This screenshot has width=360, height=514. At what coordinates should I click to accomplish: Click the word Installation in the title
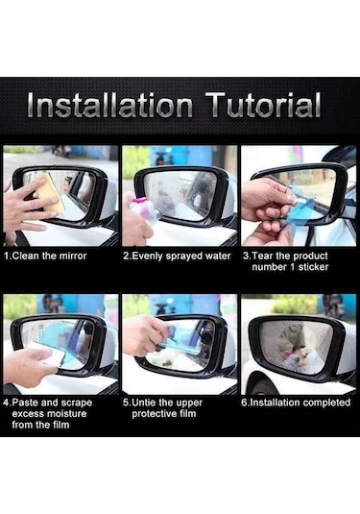[109, 105]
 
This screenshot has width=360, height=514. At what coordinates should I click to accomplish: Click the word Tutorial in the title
[263, 105]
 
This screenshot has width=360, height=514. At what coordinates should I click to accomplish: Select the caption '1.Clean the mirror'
[45, 256]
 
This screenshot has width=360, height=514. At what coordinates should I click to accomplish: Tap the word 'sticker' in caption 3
[313, 267]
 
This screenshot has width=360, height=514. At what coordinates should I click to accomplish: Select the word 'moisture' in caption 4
[66, 413]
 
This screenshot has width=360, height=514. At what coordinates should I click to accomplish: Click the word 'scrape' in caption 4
[77, 403]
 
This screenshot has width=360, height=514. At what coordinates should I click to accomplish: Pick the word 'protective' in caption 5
[153, 414]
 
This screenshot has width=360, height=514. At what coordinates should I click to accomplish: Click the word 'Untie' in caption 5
[144, 403]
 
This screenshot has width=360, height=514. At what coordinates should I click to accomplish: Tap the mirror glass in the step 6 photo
[296, 347]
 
